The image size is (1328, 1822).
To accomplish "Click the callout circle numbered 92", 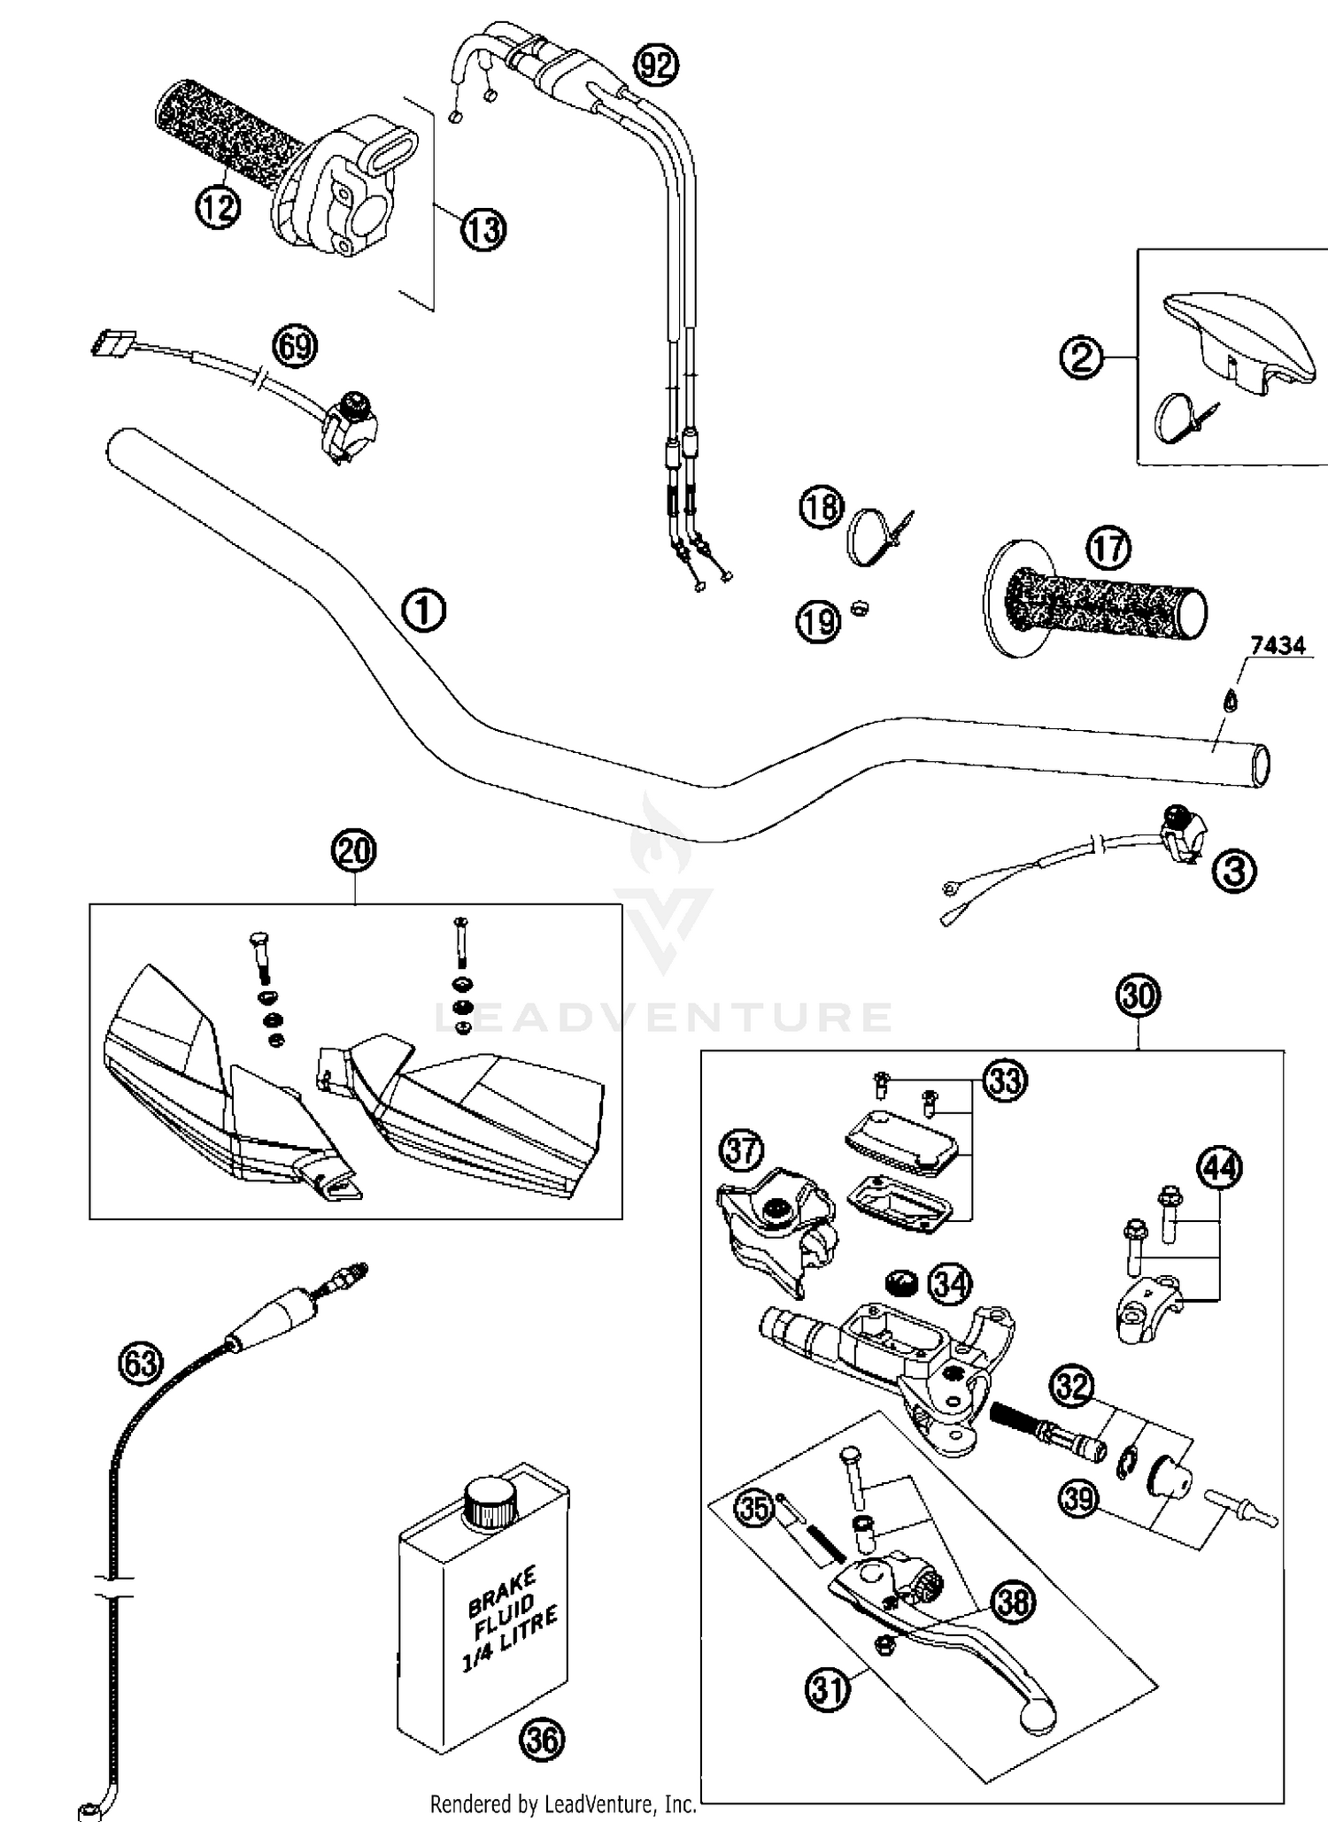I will click(x=657, y=65).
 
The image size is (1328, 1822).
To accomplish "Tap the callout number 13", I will click(x=483, y=230).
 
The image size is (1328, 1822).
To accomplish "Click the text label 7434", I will click(x=1278, y=645).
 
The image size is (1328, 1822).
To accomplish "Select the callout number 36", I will click(x=542, y=1740).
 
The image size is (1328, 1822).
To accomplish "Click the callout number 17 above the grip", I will click(x=1108, y=548).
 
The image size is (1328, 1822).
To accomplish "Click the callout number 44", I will click(x=1219, y=1168).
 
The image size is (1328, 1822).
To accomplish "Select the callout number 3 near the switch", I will click(x=1234, y=872).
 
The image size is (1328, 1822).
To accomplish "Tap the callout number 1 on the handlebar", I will click(x=423, y=611).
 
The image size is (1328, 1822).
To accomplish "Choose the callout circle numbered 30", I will click(x=1139, y=997).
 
